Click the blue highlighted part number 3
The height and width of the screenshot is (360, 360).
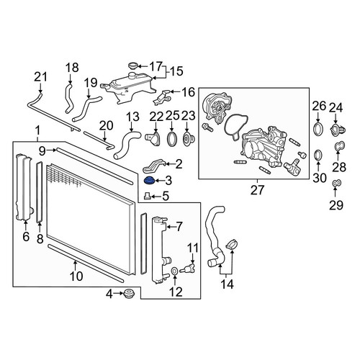pos(149,180)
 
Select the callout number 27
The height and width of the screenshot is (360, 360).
pos(257,190)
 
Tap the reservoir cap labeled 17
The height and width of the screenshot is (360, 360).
pos(133,66)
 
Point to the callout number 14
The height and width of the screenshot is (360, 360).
pos(227,284)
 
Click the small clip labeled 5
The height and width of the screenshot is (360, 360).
pos(147,196)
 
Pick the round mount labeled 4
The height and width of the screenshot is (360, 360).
pos(129,294)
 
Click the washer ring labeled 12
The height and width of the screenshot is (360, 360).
pos(174,271)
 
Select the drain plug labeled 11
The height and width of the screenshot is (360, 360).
pos(188,268)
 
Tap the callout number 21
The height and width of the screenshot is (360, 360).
pos(40,77)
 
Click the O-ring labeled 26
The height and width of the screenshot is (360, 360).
pos(318,129)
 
